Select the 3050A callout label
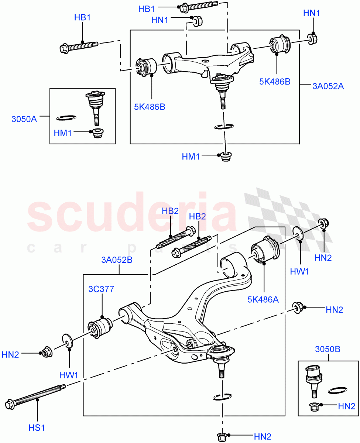24,119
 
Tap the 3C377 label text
101,289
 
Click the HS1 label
37,427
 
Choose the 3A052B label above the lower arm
117,260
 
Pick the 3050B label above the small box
328,349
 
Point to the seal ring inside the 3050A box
67,118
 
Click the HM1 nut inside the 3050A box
97,133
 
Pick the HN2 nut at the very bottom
223,436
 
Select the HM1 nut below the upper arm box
225,157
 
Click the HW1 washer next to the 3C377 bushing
67,341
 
